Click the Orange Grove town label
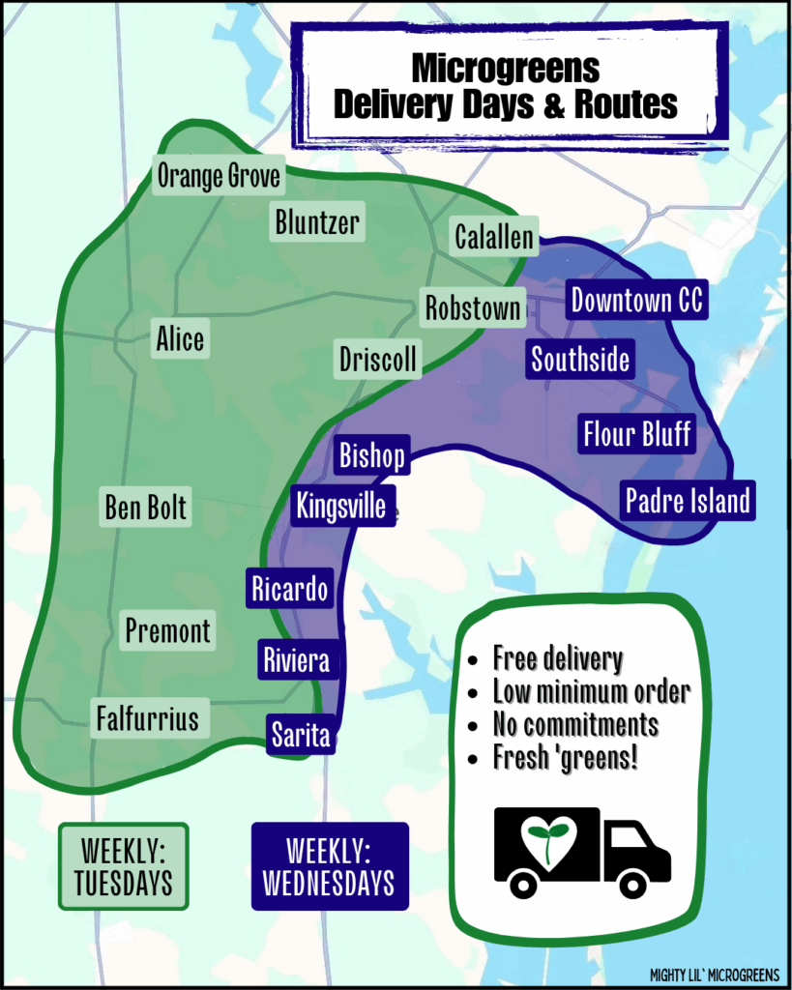click(x=219, y=176)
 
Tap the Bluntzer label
click(x=317, y=222)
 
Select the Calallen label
click(x=494, y=237)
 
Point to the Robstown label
click(x=473, y=308)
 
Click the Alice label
click(x=180, y=339)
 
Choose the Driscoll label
click(x=378, y=360)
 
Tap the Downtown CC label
click(x=637, y=301)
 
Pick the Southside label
click(x=580, y=360)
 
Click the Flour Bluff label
click(x=636, y=433)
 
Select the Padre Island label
click(x=687, y=501)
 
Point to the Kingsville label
click(x=341, y=506)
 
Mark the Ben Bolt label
click(x=146, y=507)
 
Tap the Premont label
click(x=167, y=631)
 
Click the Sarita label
click(x=300, y=735)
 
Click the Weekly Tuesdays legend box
click(x=124, y=866)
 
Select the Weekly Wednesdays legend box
click(x=330, y=866)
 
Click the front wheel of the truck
click(x=633, y=882)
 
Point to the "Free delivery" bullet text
click(x=557, y=659)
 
